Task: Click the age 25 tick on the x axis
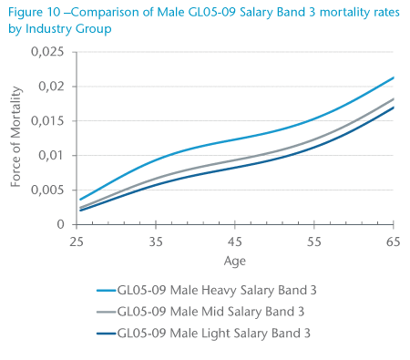pyautogui.click(x=77, y=241)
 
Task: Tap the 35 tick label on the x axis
pyautogui.click(x=156, y=241)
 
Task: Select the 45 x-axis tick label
pyautogui.click(x=235, y=241)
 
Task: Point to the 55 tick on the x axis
pyautogui.click(x=314, y=241)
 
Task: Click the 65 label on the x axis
pyautogui.click(x=393, y=241)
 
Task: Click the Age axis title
pyautogui.click(x=235, y=260)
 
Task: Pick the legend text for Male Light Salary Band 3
pyautogui.click(x=220, y=334)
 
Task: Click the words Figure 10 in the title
pyautogui.click(x=36, y=11)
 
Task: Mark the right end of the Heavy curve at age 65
pyautogui.click(x=393, y=77)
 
